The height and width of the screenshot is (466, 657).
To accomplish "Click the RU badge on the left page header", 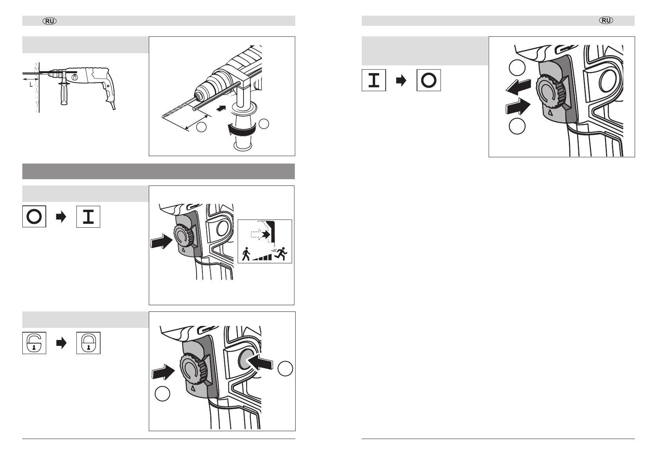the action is pos(50,21).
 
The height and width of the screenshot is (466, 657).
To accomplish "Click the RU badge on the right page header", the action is pos(606,20).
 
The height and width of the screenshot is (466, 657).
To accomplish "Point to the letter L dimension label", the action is pos(31,85).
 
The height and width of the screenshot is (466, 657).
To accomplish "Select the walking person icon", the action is pos(246,254).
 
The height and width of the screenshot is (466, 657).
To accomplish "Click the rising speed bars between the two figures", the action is pos(262,257).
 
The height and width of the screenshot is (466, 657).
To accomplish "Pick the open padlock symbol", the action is pos(34,343).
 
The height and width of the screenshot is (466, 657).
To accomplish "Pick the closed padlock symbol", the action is pos(88,343).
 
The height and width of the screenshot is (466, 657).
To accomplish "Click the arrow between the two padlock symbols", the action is pos(61,343).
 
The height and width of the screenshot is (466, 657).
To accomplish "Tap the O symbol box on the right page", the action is pos(428,80).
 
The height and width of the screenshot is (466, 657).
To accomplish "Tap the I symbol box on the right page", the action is pos(374,80).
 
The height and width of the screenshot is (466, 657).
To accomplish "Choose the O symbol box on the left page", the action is pos(34,217).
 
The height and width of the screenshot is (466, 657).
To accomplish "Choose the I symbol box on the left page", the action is pos(88,217).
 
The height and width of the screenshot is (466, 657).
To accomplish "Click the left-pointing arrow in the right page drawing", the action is pos(518,87).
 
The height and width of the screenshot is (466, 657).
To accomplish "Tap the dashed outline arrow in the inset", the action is pos(257,234).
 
